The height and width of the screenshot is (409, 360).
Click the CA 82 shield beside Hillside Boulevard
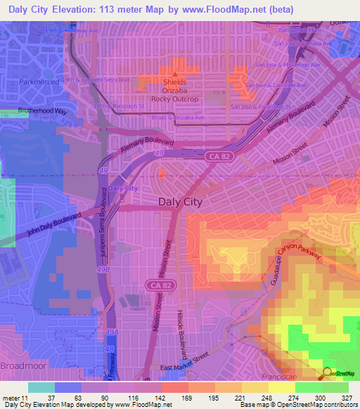(157, 285)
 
